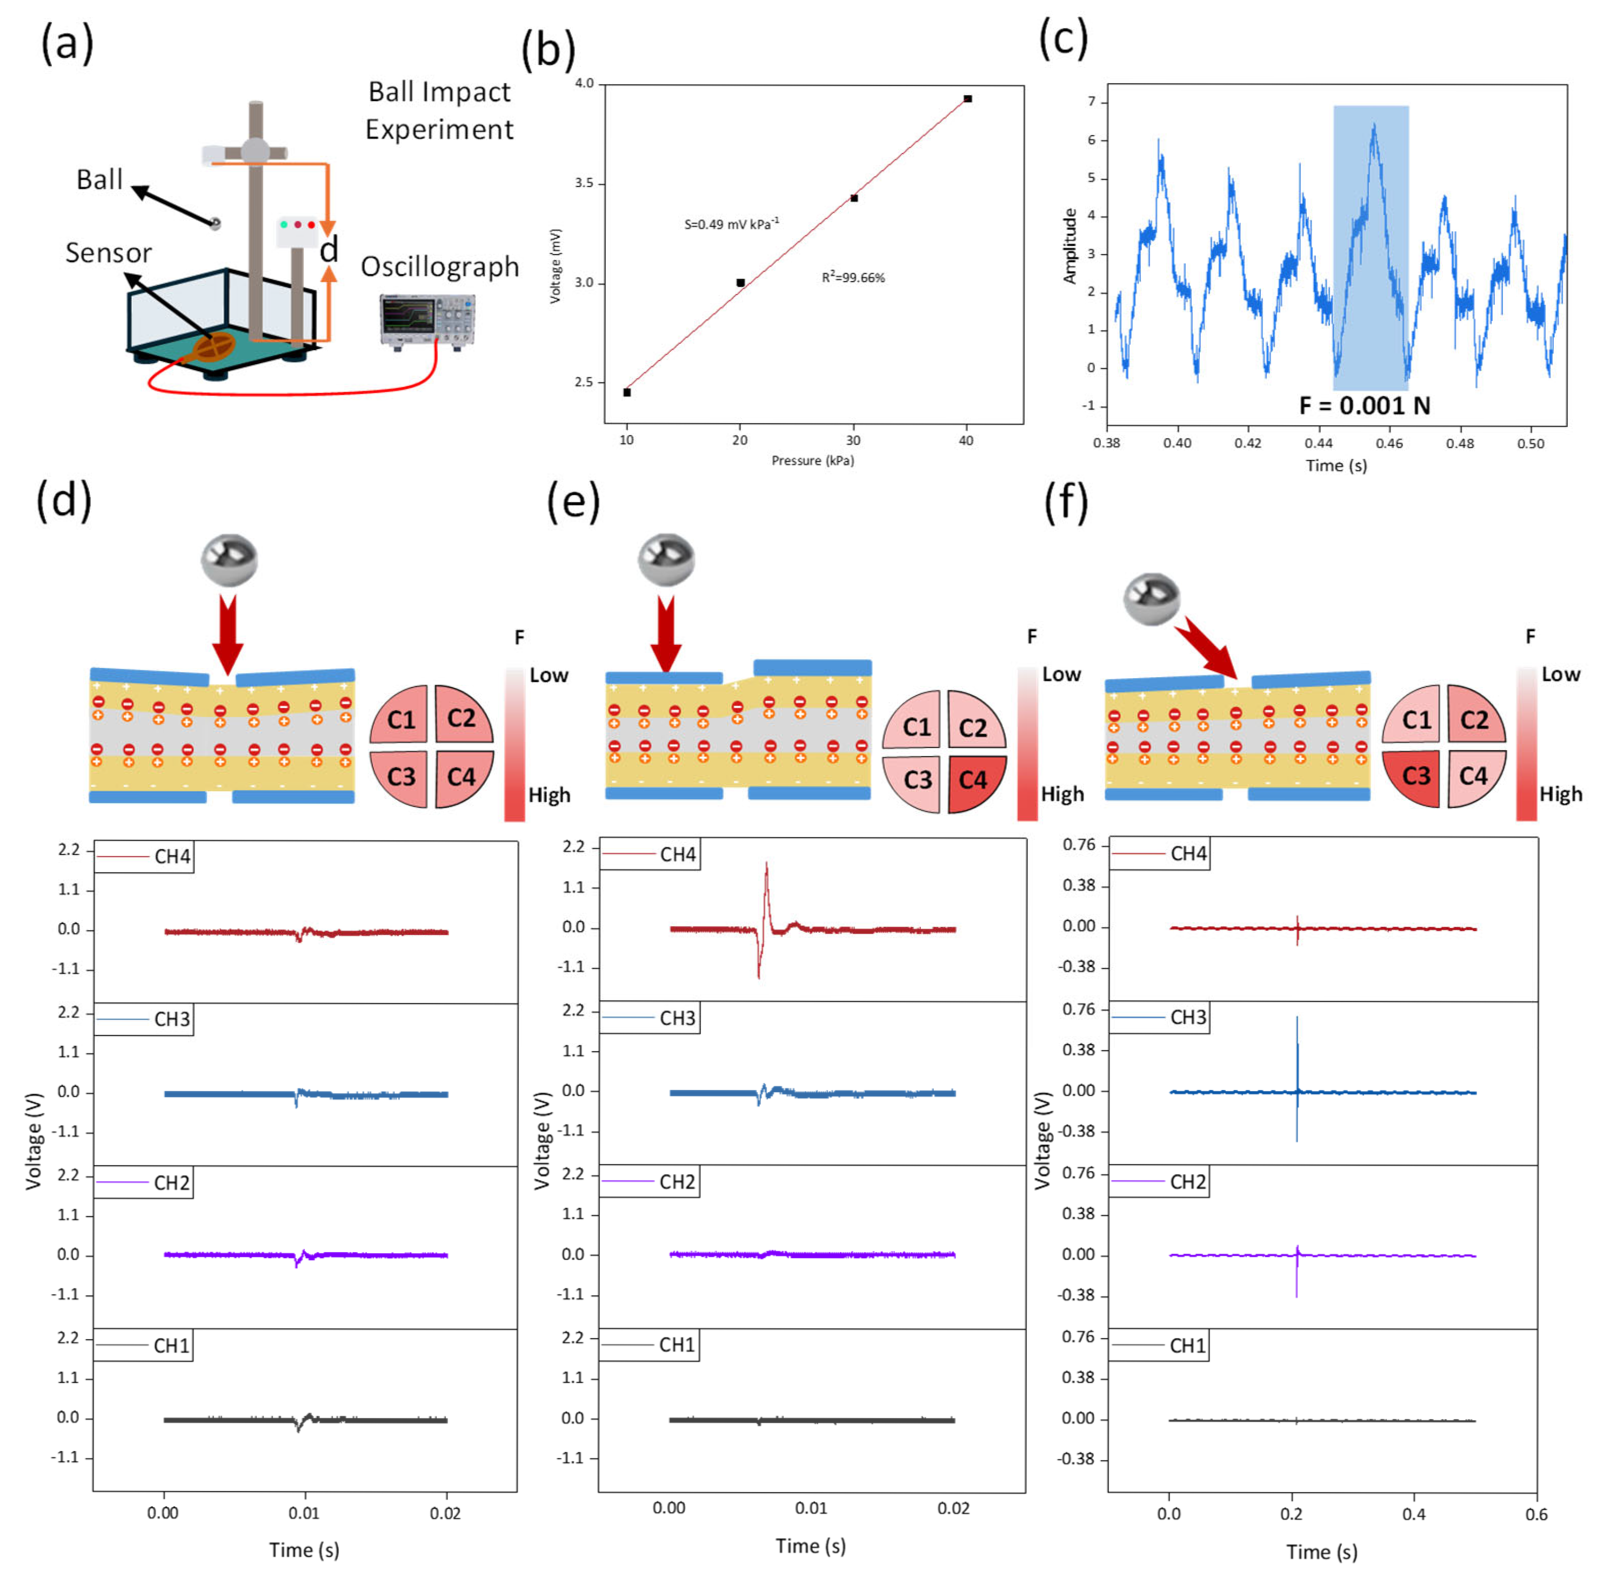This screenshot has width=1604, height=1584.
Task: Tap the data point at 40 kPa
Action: click(968, 99)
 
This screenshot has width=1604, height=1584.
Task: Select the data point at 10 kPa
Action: click(627, 392)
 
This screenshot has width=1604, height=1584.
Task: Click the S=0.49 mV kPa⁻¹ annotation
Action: click(731, 224)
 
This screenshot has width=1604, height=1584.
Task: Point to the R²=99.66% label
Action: click(853, 277)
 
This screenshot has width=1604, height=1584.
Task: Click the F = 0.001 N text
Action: click(1364, 406)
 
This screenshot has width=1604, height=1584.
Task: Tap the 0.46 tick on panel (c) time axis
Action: click(1389, 443)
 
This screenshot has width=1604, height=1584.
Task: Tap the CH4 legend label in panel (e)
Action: click(678, 854)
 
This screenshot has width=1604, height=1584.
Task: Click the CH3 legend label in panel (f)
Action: click(1188, 1017)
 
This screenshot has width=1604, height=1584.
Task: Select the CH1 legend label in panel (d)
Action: click(172, 1346)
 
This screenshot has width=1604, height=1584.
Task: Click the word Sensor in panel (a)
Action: click(108, 252)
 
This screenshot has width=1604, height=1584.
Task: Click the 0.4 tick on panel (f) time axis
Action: click(1414, 1513)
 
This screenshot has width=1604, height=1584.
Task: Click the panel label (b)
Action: click(548, 50)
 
